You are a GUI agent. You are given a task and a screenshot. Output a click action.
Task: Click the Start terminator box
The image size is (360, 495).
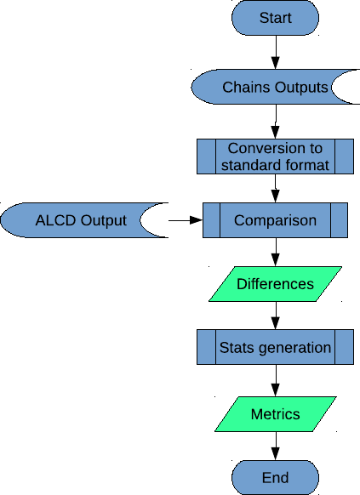coord(275,18)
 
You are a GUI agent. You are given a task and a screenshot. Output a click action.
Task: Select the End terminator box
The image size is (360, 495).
coord(275,477)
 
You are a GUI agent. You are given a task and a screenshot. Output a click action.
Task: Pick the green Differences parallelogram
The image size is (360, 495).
coord(275,284)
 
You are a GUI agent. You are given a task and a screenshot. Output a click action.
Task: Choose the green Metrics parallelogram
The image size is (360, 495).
coord(276,414)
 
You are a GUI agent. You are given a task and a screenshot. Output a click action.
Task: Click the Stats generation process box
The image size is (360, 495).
coord(275,347)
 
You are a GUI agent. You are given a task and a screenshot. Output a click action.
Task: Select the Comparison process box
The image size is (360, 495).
coord(275,220)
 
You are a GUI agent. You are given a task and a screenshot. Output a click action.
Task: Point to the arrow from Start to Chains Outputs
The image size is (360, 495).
coord(276,52)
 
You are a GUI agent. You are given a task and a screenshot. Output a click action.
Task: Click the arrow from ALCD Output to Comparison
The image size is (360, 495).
coord(186,220)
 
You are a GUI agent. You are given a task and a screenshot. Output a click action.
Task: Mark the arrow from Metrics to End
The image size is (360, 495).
coord(276,446)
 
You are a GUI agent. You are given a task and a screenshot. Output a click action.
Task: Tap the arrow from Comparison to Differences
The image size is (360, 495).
coord(276,252)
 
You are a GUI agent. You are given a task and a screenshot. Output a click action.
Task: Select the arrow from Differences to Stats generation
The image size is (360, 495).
coord(276,316)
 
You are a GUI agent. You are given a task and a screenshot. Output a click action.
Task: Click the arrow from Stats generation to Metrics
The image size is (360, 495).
coord(276,380)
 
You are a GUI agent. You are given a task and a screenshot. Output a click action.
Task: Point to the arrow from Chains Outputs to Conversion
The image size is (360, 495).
coord(276,122)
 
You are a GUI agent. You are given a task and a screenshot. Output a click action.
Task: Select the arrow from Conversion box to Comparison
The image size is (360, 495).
coord(276,188)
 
